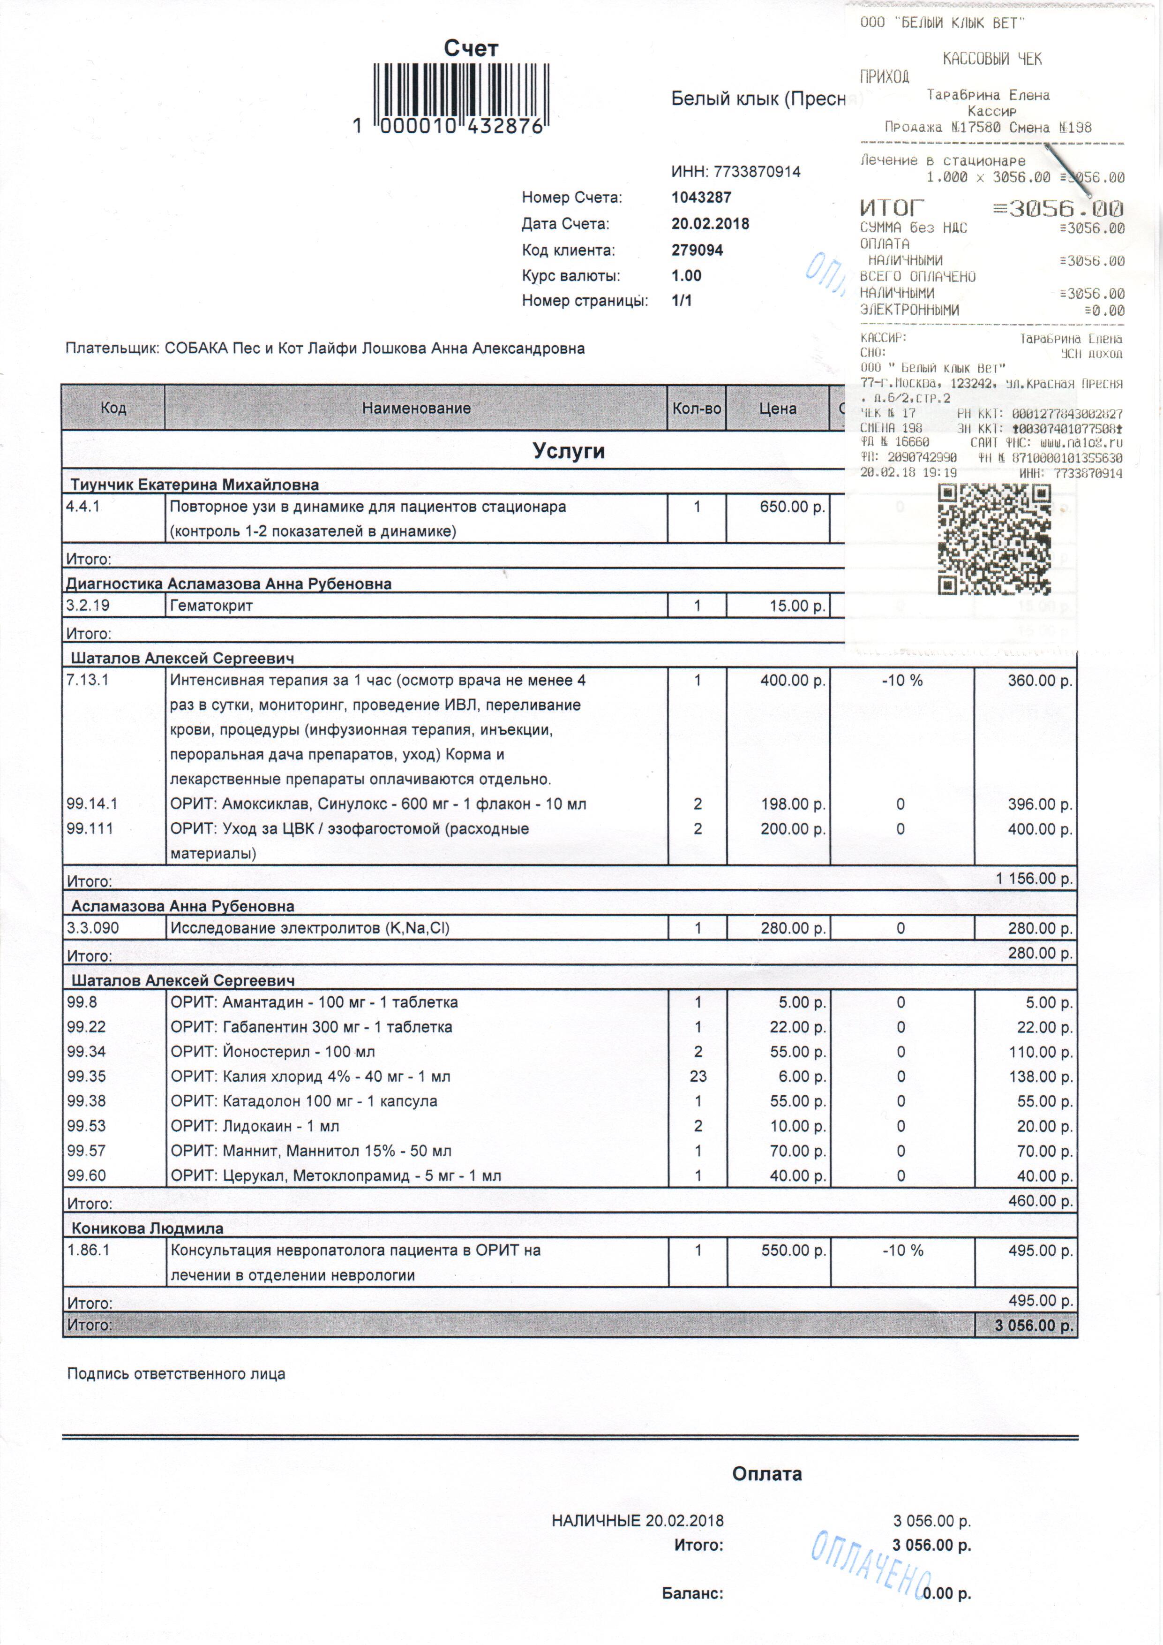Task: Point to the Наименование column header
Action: click(416, 409)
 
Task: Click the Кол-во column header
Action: click(696, 409)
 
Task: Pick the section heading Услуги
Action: click(569, 451)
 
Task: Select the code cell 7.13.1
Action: click(87, 680)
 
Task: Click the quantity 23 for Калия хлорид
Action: click(698, 1076)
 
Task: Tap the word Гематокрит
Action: click(211, 606)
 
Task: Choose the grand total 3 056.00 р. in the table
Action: click(1033, 1326)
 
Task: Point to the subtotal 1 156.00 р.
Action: click(1033, 879)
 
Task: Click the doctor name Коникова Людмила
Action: click(148, 1228)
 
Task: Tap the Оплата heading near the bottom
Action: click(767, 1474)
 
